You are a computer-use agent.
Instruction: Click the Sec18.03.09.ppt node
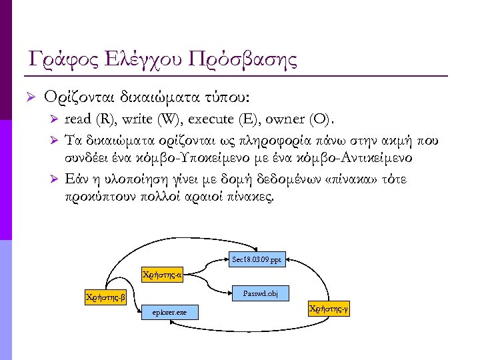(x=259, y=259)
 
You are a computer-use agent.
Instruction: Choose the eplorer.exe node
(x=170, y=312)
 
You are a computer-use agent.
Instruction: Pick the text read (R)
(x=90, y=120)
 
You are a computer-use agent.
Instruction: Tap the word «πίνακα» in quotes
(x=344, y=181)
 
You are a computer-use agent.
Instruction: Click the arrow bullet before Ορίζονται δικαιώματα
(x=29, y=98)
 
